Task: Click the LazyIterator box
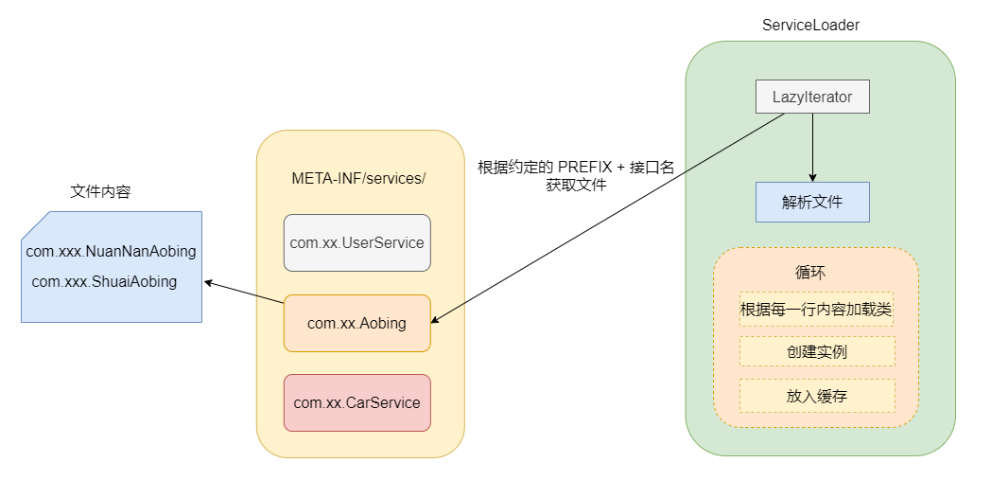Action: point(812,97)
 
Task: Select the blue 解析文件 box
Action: point(812,202)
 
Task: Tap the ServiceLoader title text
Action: point(810,26)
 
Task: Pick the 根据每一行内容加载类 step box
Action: point(816,309)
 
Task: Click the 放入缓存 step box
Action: point(816,396)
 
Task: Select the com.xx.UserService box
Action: point(357,242)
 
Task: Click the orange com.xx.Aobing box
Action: point(357,323)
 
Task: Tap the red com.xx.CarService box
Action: point(357,402)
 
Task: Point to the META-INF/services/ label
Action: point(359,178)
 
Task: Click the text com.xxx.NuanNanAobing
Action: point(111,252)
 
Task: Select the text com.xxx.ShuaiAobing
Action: point(104,281)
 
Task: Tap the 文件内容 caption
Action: point(100,191)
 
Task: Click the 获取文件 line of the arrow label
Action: point(576,186)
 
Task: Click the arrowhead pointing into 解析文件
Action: point(812,177)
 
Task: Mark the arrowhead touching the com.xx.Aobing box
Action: point(436,320)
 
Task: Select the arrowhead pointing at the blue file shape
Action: point(208,282)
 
